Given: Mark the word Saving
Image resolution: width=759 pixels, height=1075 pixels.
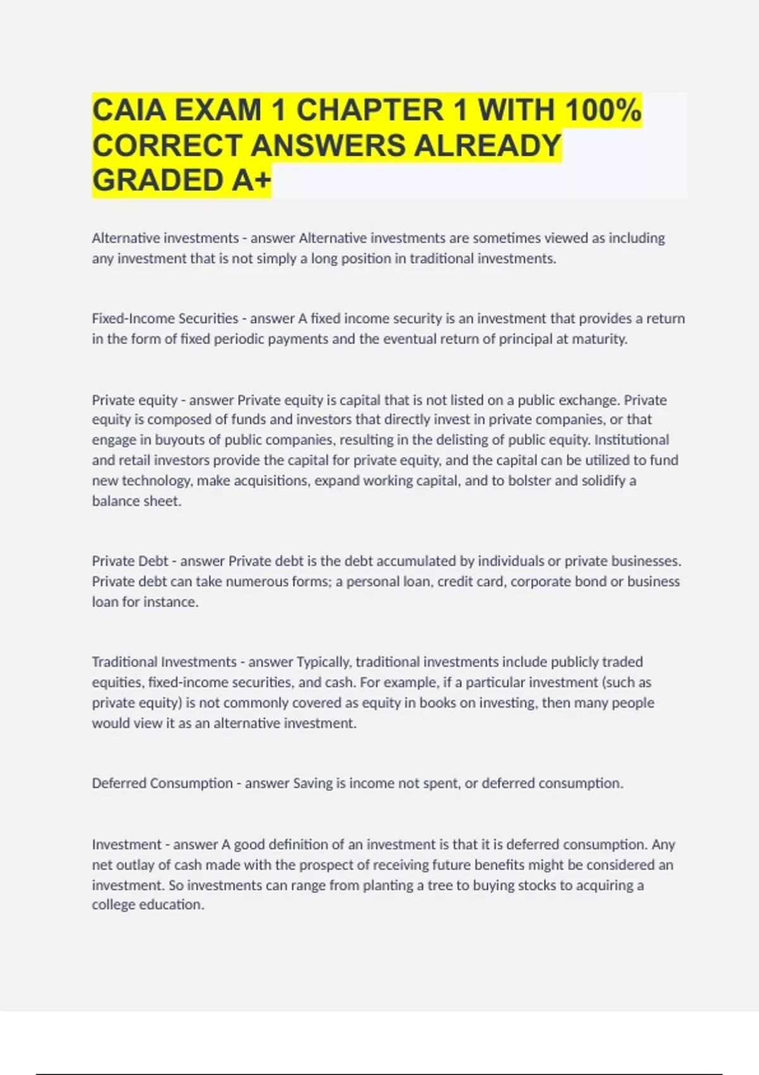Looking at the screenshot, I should pyautogui.click(x=312, y=783).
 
